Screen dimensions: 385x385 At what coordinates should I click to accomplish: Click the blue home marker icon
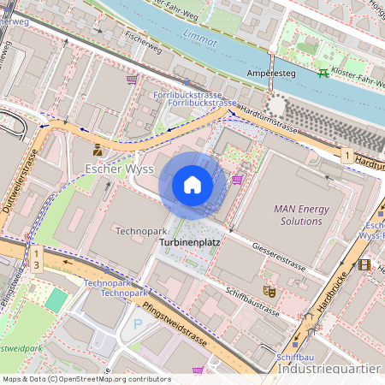coord(192,184)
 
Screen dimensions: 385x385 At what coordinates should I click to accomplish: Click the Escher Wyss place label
coord(119,169)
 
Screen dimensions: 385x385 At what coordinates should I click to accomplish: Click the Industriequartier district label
coord(330,369)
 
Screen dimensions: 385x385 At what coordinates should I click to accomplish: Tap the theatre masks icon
coord(269,291)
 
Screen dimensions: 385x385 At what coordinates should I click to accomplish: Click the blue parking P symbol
coord(139,324)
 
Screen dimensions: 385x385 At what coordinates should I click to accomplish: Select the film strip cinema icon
coord(365,265)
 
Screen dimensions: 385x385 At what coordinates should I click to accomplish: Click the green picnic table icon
coord(323,74)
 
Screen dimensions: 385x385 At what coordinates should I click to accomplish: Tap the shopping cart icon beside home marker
coord(237,179)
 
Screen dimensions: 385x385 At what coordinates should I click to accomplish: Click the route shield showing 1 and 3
coord(37,259)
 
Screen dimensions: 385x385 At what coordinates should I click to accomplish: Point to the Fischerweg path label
coord(142,37)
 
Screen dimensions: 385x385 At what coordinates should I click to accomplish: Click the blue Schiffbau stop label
coord(291,357)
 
